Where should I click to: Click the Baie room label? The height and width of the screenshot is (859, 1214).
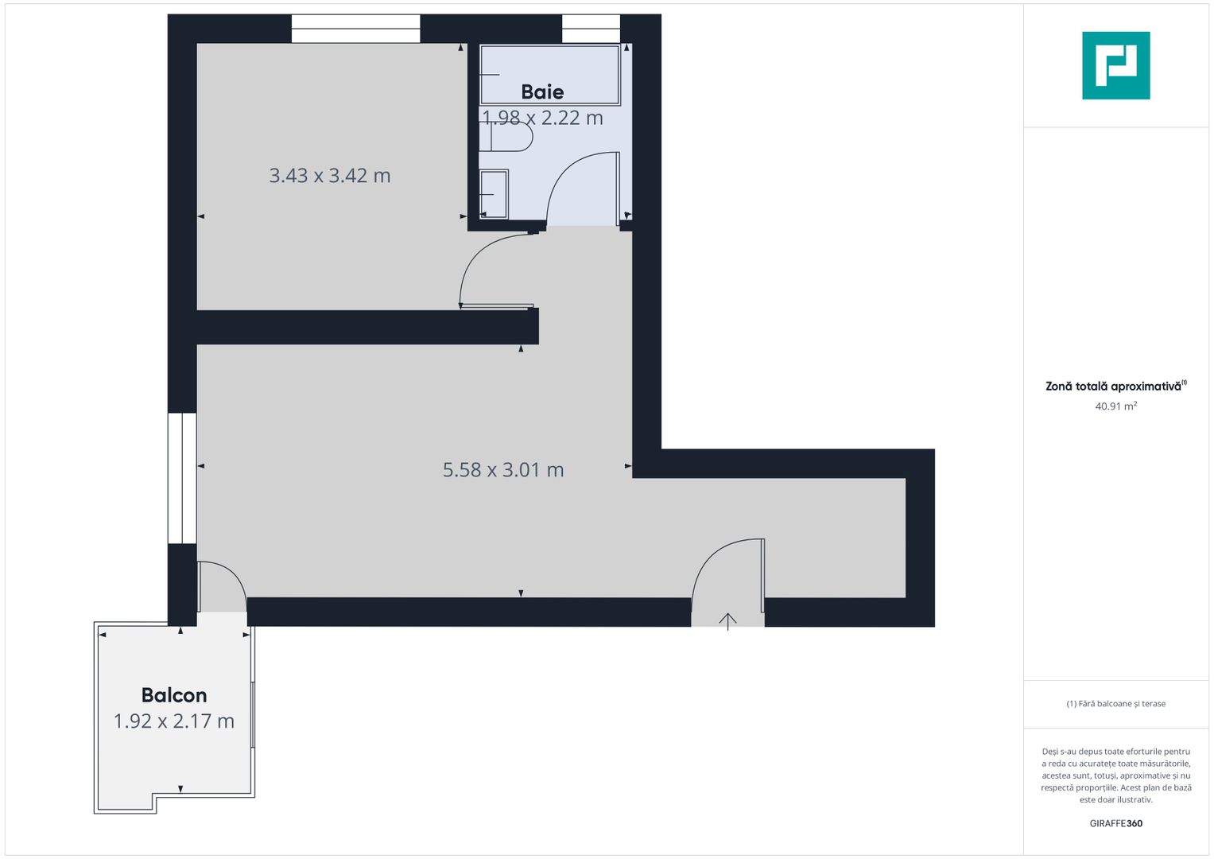point(542,92)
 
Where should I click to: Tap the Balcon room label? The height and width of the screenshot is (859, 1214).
point(174,695)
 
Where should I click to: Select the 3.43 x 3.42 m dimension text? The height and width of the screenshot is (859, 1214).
point(329,176)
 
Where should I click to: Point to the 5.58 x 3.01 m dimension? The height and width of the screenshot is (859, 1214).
point(503,470)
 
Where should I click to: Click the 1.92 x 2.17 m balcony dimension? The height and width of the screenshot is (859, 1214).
point(174,721)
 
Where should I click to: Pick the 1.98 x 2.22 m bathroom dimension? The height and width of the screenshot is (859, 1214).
point(542,118)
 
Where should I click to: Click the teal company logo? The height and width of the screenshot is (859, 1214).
point(1115,65)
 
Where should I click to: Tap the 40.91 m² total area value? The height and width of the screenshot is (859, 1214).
point(1115,406)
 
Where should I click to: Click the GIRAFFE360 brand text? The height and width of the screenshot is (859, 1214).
point(1115,823)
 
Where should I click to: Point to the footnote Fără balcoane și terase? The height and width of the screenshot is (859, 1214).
point(1115,704)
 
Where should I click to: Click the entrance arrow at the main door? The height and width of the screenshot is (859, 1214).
point(728,620)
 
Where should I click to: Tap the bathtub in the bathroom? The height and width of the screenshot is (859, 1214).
point(549,74)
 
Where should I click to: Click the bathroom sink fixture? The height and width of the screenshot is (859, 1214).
point(494,194)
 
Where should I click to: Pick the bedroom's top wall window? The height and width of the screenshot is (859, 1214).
point(355,29)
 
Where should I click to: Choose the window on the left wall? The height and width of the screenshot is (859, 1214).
point(182,478)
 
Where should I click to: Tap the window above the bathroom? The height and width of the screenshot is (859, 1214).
point(591,29)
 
